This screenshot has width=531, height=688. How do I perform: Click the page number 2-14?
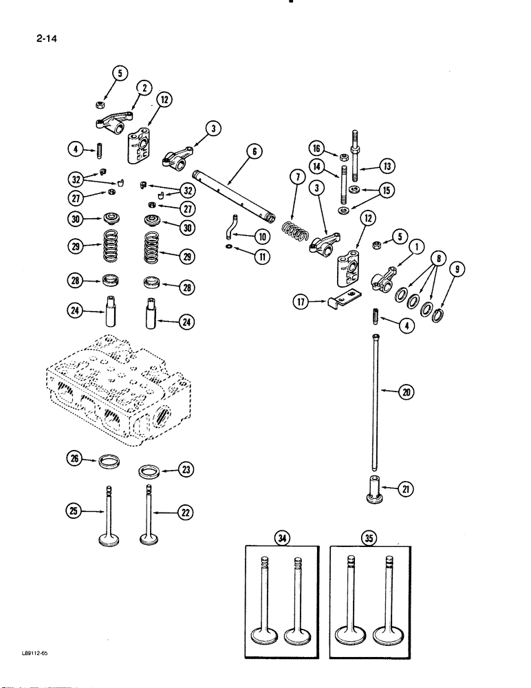tap(43, 39)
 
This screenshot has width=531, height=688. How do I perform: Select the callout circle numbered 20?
tap(409, 393)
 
